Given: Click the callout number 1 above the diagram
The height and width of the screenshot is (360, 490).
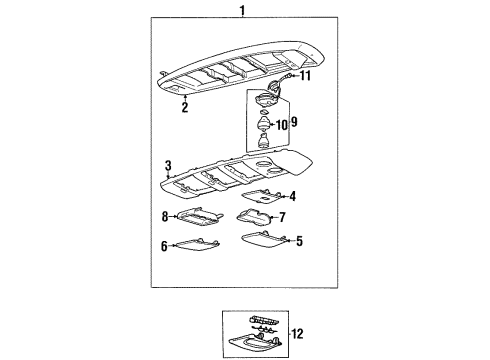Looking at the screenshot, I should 241,10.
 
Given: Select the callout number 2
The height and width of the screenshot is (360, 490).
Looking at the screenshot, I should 184,108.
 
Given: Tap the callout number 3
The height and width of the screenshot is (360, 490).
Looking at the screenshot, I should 169,165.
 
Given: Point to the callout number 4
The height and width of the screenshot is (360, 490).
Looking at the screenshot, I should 292,197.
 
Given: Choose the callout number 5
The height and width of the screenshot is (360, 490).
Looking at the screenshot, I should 299,240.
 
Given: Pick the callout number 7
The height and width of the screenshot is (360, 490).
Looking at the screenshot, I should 283,216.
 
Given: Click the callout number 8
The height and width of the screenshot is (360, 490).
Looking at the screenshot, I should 164,215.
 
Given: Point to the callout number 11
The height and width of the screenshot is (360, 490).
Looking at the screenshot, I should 305,75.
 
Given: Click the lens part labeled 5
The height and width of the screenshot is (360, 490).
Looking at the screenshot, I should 264,239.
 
